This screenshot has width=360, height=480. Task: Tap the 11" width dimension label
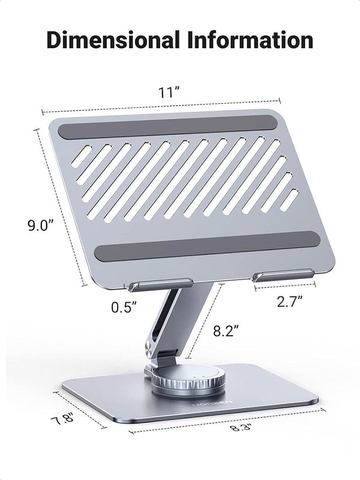(170, 92)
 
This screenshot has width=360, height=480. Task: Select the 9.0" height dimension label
(41, 226)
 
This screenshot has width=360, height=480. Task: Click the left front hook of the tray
(158, 283)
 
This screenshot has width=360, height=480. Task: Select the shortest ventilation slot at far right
(290, 200)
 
